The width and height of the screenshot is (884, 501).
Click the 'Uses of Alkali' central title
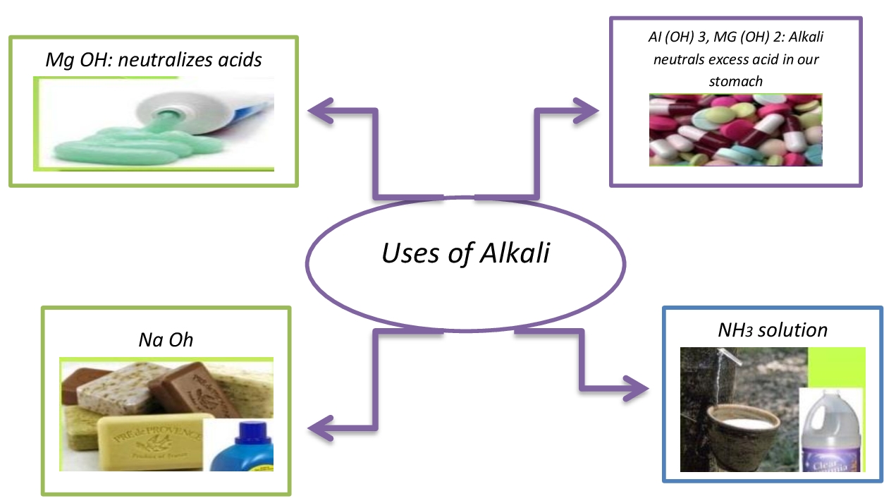[465, 253]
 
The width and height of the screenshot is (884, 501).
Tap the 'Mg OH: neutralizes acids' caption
[154, 60]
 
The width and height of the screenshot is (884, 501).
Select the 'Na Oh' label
[166, 341]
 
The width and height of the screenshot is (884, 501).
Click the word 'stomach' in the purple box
[735, 81]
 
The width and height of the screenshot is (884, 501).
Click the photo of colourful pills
[735, 129]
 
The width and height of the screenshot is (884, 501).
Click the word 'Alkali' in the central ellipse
[515, 253]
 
